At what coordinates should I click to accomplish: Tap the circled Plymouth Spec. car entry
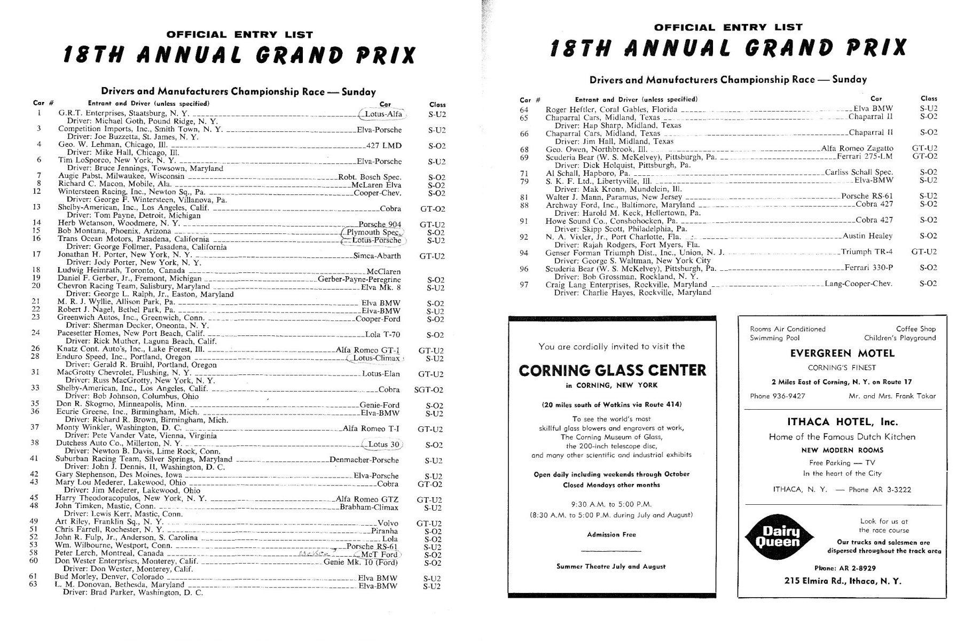coord(373,232)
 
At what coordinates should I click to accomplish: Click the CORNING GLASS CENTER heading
coord(612,370)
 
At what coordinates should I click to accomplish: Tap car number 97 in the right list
coord(524,285)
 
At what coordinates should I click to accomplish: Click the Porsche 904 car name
coord(380,224)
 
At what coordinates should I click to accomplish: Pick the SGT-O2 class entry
coord(428,390)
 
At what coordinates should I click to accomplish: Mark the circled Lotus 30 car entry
coord(381,444)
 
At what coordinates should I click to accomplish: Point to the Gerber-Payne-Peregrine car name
coord(359,279)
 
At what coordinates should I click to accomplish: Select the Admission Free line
coord(611,534)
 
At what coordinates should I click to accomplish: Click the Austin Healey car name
coord(868,236)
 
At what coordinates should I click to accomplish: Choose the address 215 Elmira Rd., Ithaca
coord(842,581)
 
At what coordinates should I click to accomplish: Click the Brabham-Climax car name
coord(370,507)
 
